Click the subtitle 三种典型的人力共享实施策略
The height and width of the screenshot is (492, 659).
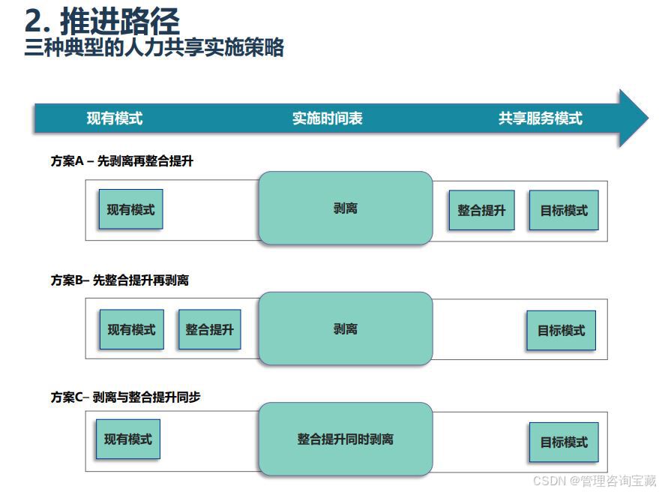pyautogui.click(x=154, y=48)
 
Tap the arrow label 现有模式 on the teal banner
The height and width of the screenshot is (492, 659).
pyautogui.click(x=114, y=118)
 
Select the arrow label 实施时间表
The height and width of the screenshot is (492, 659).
pyautogui.click(x=327, y=118)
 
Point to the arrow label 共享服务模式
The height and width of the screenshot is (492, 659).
pyautogui.click(x=540, y=118)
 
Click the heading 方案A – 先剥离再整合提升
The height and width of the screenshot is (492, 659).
pyautogui.click(x=122, y=160)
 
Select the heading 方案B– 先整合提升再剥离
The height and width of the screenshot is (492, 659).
pyautogui.click(x=120, y=280)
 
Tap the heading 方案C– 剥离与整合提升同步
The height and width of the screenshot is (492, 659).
pyautogui.click(x=126, y=397)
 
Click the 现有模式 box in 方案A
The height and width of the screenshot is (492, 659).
pyautogui.click(x=130, y=210)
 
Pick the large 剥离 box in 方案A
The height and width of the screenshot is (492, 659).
pyautogui.click(x=346, y=208)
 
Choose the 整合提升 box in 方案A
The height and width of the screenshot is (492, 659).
pyautogui.click(x=481, y=211)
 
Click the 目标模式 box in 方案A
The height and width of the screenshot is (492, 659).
pyautogui.click(x=564, y=211)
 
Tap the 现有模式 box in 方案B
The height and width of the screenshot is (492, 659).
pyautogui.click(x=131, y=329)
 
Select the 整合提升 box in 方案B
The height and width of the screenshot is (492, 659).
pyautogui.click(x=209, y=329)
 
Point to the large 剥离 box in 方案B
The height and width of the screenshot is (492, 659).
pyautogui.click(x=346, y=328)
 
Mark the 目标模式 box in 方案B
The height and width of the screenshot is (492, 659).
pyautogui.click(x=561, y=331)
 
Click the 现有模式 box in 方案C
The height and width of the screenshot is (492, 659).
pyautogui.click(x=128, y=439)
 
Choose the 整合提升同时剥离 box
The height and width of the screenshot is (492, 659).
pyautogui.click(x=346, y=439)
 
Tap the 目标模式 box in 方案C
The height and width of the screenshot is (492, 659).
pyautogui.click(x=564, y=442)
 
